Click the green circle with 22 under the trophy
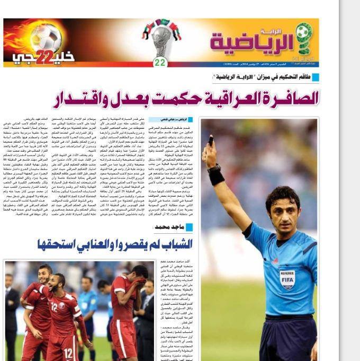click(x=160, y=63)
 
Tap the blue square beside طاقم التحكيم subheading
click(x=316, y=77)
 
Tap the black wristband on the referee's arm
click(x=216, y=175)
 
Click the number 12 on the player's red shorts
click(x=68, y=353)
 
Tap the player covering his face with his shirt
click(x=126, y=297)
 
